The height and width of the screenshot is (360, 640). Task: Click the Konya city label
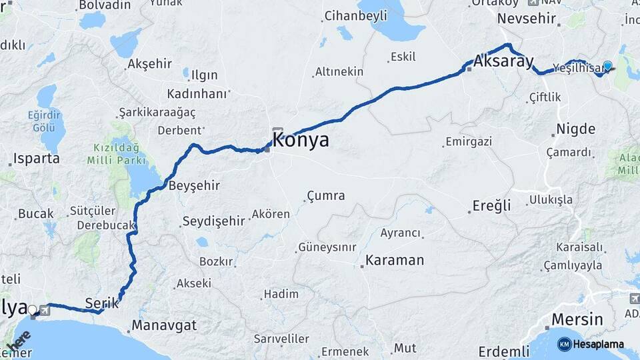click(301, 140)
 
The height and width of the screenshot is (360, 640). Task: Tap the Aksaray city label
click(505, 62)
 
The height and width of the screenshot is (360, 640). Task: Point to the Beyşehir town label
click(195, 185)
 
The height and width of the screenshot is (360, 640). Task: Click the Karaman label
click(395, 260)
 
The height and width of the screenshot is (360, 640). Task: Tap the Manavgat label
click(164, 326)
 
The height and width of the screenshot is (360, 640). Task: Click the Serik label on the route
click(102, 303)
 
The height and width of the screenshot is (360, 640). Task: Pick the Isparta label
click(37, 159)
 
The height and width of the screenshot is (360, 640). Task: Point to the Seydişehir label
click(214, 221)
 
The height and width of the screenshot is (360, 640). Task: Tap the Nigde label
click(576, 129)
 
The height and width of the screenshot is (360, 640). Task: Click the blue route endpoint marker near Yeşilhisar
click(607, 66)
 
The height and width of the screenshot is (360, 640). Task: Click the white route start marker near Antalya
click(32, 309)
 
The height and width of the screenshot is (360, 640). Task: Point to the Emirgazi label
click(469, 141)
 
